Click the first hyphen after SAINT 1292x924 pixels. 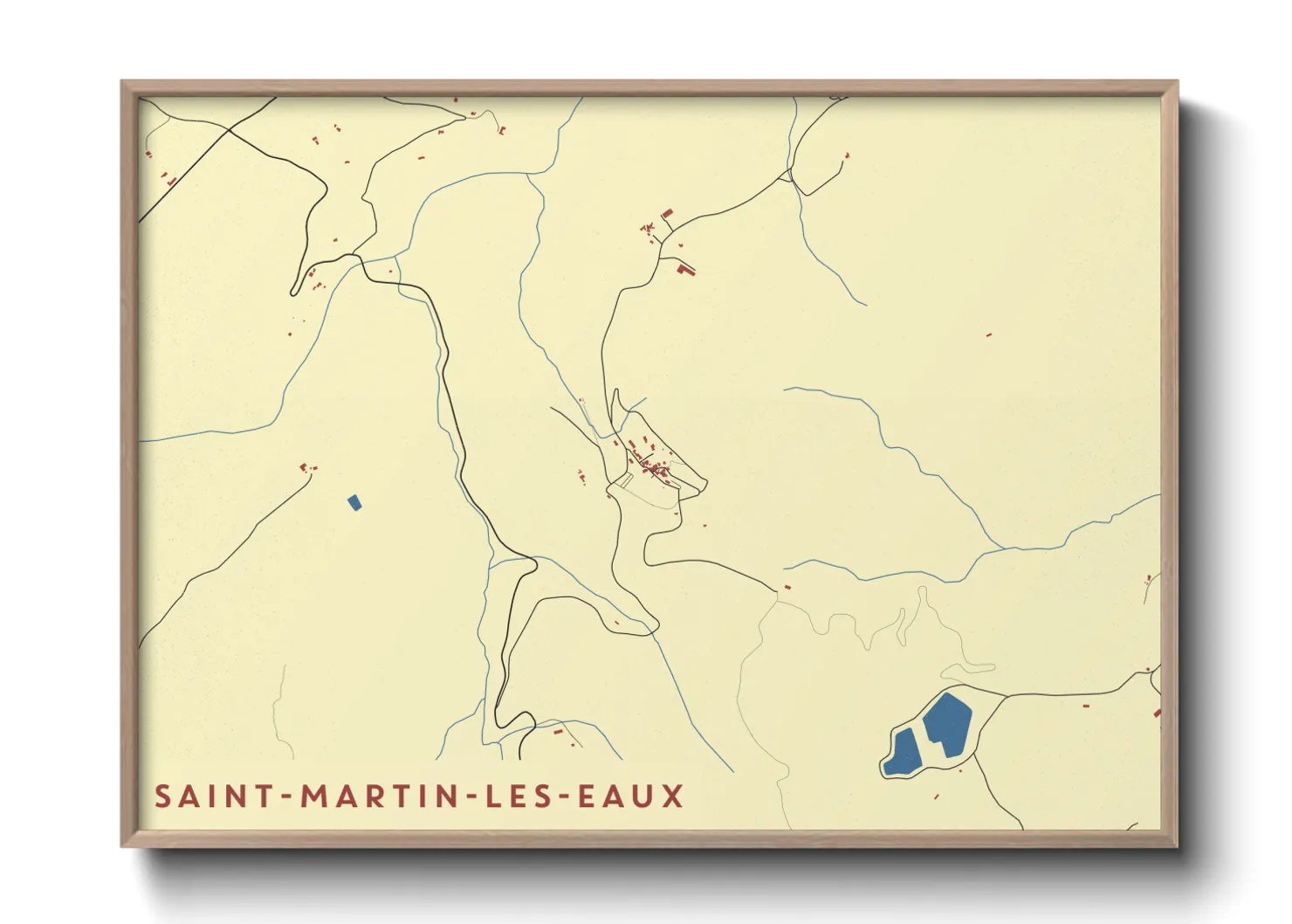click(x=287, y=797)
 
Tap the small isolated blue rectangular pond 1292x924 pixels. click(x=354, y=503)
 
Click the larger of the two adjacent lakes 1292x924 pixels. click(x=946, y=724)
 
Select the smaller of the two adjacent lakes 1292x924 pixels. click(x=902, y=753)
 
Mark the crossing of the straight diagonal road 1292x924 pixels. click(x=229, y=132)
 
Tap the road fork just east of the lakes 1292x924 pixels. click(x=1005, y=696)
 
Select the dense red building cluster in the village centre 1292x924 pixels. click(x=650, y=463)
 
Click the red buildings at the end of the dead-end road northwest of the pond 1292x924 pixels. click(x=306, y=468)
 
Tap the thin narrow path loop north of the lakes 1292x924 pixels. click(x=969, y=670)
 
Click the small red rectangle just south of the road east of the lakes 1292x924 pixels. click(x=1086, y=705)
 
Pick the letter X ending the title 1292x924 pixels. click(x=672, y=796)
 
